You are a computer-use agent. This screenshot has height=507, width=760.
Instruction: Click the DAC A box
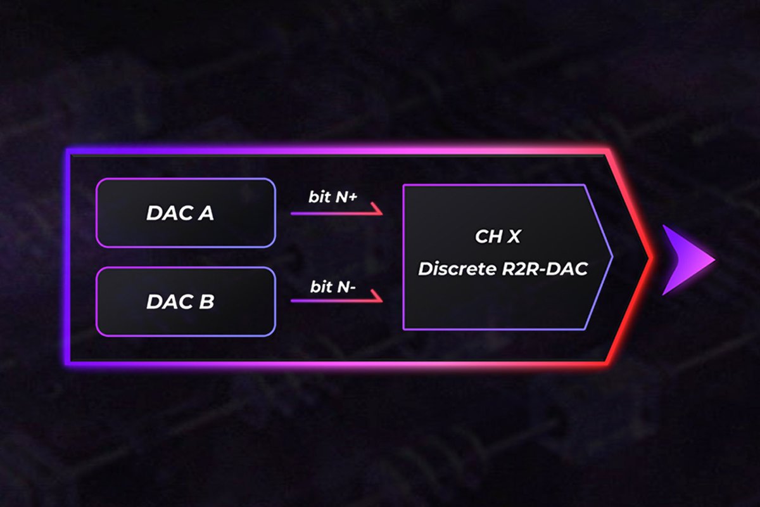pos(185,213)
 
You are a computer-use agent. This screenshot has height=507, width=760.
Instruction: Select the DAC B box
pos(185,302)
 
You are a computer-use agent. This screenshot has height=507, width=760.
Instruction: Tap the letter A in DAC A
pos(205,214)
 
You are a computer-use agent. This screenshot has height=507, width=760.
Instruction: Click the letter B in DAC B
pos(205,302)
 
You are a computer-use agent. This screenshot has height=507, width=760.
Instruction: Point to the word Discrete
pos(453,269)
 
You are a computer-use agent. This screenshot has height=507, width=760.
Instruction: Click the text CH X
pos(498,236)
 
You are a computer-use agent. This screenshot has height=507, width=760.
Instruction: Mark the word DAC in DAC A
pos(170,214)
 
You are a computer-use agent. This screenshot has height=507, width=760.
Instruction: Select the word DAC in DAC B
pos(170,302)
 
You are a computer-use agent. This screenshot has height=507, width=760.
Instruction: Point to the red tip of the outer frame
pos(650,257)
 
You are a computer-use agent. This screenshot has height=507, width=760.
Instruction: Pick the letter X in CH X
pos(514,236)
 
